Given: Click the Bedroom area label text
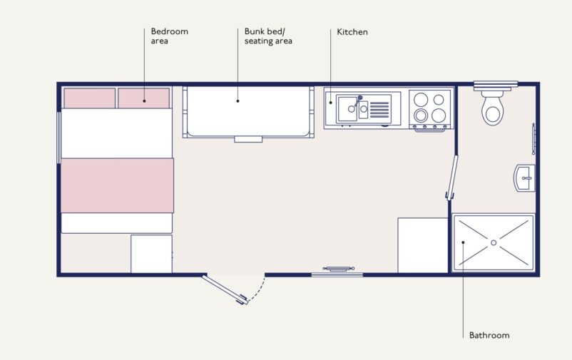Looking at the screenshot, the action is (x=170, y=36).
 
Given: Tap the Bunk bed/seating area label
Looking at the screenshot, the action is (x=268, y=36).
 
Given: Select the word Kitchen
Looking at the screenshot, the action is (x=352, y=32).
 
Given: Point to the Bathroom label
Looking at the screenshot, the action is (x=489, y=335).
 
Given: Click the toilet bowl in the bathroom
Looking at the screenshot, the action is (x=492, y=108).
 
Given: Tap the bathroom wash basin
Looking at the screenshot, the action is (x=525, y=178).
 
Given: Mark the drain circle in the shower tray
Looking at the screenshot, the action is (x=494, y=242).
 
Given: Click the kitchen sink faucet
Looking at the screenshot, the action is (x=358, y=101).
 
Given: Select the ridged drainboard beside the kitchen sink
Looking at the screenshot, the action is (x=379, y=110).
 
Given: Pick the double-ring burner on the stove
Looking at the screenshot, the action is (x=421, y=115).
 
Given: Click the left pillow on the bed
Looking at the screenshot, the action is (x=89, y=98).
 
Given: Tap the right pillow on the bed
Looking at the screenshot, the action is (x=144, y=98).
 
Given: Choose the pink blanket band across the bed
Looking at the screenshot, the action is (x=117, y=185).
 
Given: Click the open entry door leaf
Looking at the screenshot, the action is (x=225, y=289).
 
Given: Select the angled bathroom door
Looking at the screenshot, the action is (x=451, y=178).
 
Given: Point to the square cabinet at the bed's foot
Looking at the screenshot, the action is (x=151, y=254).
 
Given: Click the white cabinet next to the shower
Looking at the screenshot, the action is (x=423, y=245).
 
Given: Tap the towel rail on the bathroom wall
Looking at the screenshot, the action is (x=533, y=138).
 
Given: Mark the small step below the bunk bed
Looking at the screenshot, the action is (x=248, y=139).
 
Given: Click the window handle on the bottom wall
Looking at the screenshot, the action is (x=338, y=269).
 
